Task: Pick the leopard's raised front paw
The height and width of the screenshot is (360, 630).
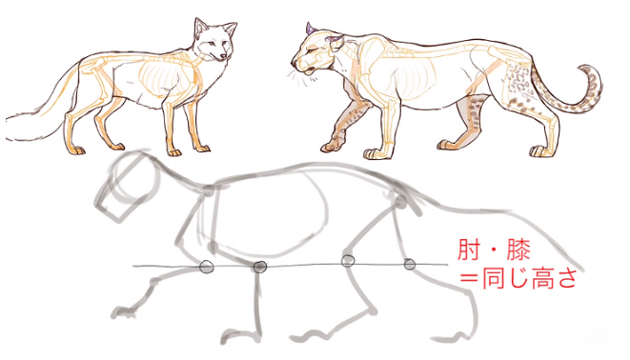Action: click(332, 147)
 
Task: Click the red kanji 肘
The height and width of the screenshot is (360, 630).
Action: click(469, 250)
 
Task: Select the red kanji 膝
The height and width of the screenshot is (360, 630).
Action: click(518, 250)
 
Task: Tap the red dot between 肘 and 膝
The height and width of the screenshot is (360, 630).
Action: click(493, 250)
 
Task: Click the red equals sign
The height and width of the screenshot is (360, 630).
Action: click(469, 278)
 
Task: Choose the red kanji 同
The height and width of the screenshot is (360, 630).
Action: click(493, 278)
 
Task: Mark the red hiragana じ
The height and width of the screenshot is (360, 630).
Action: click(518, 278)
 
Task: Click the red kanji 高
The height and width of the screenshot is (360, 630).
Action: click(542, 278)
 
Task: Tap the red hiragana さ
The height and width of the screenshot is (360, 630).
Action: click(566, 278)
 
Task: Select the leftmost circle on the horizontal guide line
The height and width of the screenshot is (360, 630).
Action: click(206, 266)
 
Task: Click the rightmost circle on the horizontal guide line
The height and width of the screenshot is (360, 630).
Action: click(410, 265)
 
